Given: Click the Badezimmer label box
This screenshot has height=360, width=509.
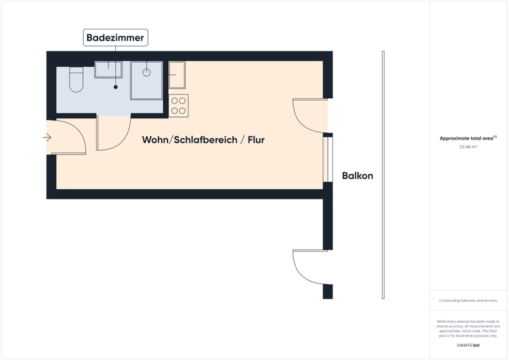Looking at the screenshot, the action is (x=116, y=38).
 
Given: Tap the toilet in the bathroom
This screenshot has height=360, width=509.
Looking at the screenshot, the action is (x=77, y=80).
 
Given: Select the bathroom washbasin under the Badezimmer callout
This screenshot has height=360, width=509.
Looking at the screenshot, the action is (x=109, y=69).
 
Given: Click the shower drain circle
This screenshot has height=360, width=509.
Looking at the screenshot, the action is (x=147, y=73).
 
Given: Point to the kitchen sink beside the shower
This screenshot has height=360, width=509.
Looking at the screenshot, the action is (x=177, y=75).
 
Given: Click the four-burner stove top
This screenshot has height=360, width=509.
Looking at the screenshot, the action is (x=179, y=106).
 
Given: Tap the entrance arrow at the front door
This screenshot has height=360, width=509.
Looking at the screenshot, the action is (x=47, y=137).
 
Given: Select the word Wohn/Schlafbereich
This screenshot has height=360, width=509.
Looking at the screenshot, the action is (x=190, y=140).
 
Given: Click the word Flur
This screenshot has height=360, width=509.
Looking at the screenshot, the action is (x=256, y=140).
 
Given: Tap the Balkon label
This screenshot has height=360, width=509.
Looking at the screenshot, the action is (x=357, y=176).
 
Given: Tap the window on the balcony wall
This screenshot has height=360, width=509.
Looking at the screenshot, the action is (x=328, y=160).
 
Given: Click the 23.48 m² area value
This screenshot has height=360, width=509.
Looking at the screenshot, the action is (x=468, y=147).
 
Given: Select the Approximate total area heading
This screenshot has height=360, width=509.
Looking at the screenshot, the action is (x=468, y=138).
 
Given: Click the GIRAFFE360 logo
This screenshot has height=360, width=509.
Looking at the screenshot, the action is (x=468, y=346).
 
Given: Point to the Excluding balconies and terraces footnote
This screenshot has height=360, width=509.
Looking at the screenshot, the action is (x=468, y=300).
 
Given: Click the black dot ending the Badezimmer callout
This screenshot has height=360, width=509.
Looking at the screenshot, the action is (x=116, y=87).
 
